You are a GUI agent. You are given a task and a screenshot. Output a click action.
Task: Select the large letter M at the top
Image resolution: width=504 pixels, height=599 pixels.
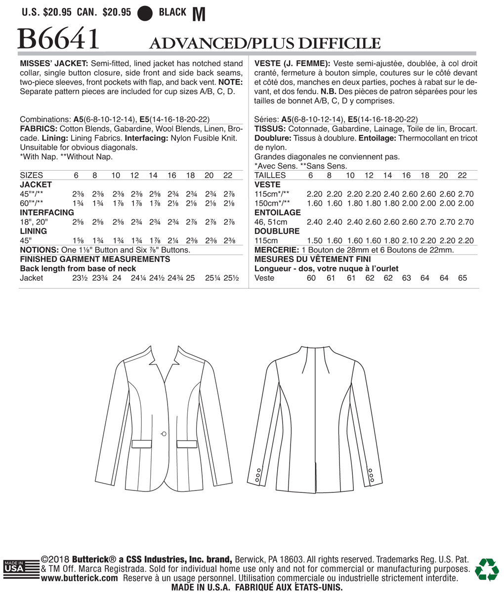click(x=198, y=14)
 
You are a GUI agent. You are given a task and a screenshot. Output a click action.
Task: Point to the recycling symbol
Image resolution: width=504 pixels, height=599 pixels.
click(x=487, y=570)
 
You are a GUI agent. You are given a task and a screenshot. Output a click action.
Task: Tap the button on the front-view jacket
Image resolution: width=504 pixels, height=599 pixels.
click(x=164, y=433)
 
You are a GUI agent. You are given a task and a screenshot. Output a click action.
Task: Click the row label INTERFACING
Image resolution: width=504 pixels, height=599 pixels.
click(x=47, y=213)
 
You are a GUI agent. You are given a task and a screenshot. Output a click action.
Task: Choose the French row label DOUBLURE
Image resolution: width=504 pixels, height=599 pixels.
click(x=277, y=231)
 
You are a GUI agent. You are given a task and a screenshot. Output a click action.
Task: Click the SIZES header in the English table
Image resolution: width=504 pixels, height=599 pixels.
click(x=31, y=175)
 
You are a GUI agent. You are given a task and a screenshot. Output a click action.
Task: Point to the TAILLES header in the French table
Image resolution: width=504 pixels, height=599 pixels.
click(x=270, y=175)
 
